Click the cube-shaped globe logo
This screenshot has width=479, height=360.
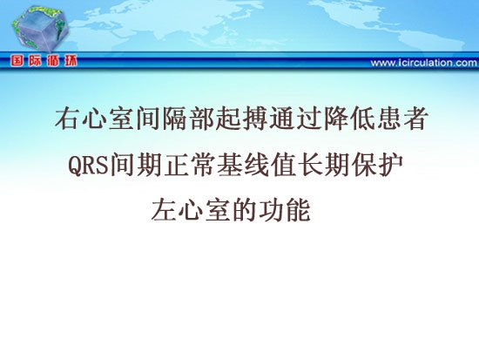click(x=40, y=29)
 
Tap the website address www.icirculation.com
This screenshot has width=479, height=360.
click(x=424, y=63)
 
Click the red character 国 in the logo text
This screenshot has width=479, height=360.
click(x=17, y=61)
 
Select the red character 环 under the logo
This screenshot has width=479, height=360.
click(x=71, y=61)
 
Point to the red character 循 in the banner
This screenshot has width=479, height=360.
click(x=52, y=61)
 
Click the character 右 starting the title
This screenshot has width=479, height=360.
click(x=68, y=118)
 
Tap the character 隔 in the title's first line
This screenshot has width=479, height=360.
click(x=175, y=118)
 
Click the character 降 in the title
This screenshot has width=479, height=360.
click(x=334, y=118)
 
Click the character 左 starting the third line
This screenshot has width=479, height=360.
click(x=164, y=210)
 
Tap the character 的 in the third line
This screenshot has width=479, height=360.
click(x=245, y=210)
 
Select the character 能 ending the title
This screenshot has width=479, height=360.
click(x=298, y=210)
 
